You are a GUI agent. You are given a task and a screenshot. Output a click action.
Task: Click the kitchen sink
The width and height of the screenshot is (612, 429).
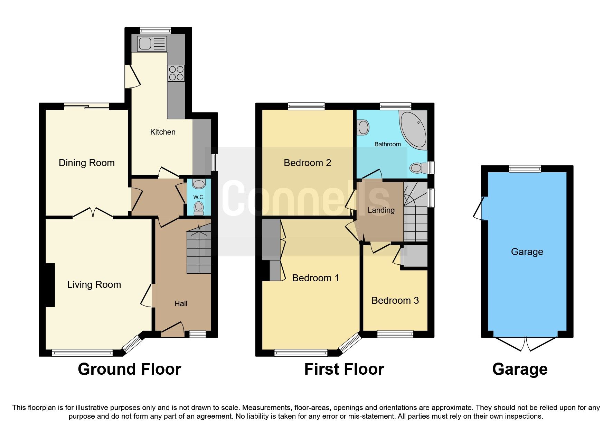[152, 44]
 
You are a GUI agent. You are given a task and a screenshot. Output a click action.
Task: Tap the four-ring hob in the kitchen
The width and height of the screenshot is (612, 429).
[176, 73]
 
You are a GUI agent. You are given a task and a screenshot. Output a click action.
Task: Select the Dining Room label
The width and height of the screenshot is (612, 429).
[86, 163]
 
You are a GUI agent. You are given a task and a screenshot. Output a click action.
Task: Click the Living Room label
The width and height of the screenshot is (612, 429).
[94, 285]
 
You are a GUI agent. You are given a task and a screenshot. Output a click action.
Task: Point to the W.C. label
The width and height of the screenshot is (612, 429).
[199, 197]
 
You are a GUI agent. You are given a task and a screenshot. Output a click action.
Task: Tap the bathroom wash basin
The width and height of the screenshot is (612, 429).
[363, 127]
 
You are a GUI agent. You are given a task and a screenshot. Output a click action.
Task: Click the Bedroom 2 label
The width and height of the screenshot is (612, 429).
[307, 163]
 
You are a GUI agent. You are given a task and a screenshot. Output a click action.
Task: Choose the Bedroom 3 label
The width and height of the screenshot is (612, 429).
[395, 301]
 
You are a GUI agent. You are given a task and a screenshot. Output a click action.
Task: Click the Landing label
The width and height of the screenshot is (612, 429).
[381, 210]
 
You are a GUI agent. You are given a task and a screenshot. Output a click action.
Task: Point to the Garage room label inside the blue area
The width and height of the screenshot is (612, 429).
[527, 252]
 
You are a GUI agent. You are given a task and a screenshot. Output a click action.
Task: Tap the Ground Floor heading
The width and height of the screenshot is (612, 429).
[129, 369]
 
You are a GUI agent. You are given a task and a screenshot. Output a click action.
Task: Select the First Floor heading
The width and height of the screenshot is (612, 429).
[344, 369]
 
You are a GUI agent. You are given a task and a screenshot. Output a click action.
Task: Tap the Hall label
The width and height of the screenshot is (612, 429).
[181, 304]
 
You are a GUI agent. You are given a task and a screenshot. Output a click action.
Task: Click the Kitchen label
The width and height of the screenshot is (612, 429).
[162, 132]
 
